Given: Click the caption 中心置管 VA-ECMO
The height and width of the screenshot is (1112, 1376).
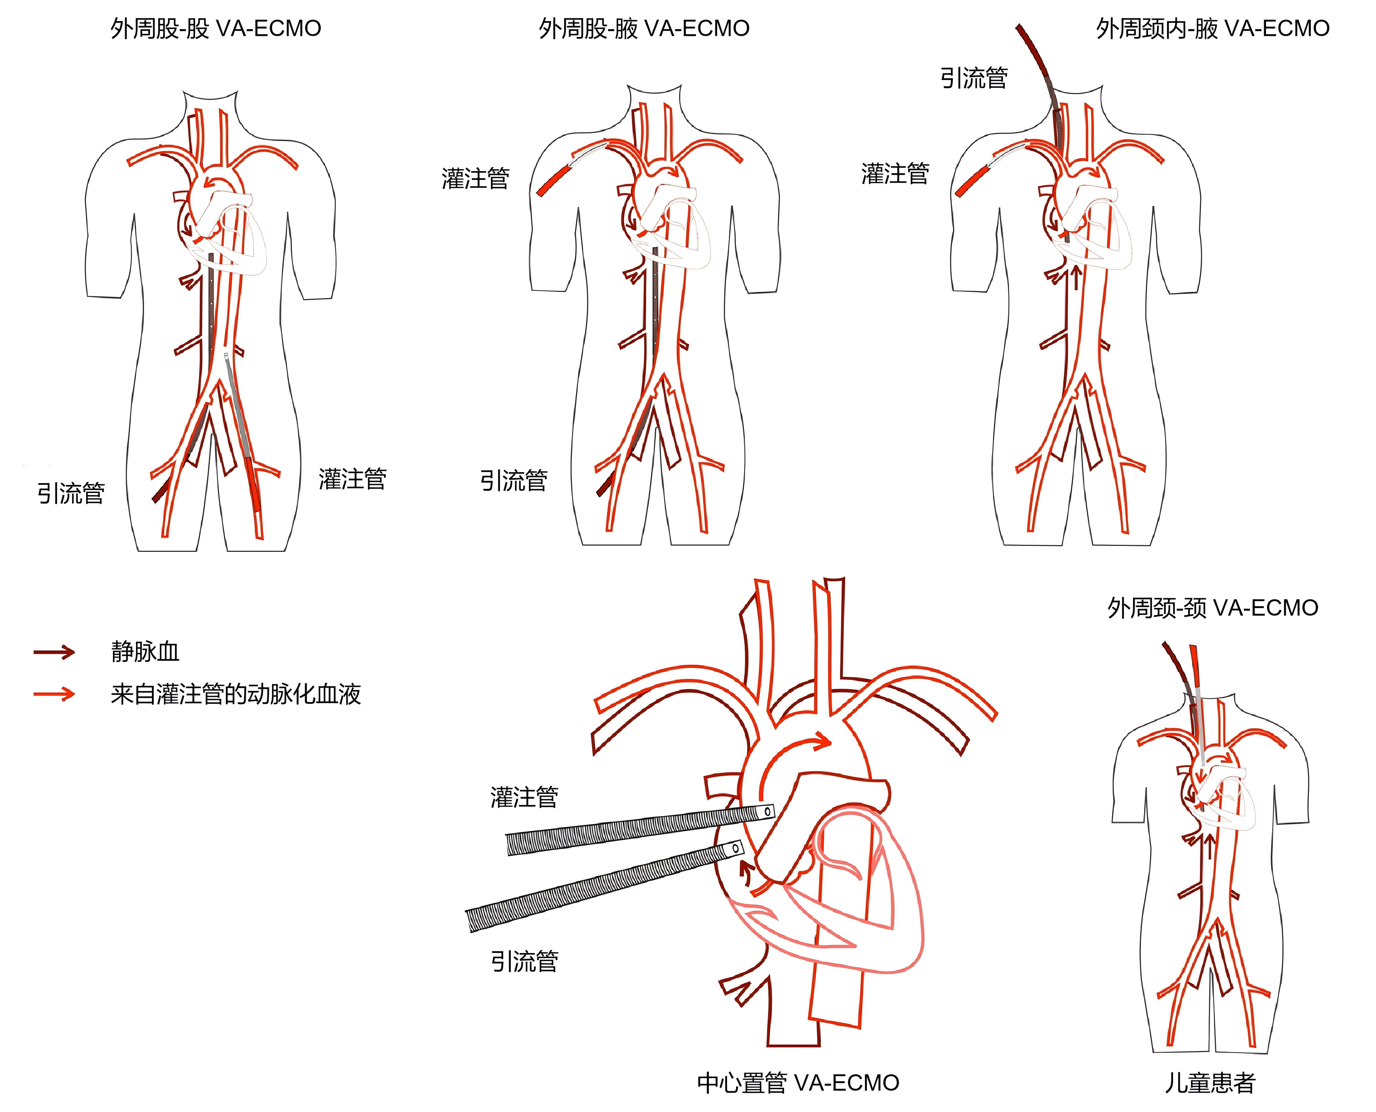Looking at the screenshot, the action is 798,1082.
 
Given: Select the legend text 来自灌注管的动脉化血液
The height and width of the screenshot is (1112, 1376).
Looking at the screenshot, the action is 236,694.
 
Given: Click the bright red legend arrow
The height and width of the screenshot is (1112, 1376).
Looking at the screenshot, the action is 54,694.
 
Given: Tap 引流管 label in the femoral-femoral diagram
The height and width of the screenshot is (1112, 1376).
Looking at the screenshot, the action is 71,493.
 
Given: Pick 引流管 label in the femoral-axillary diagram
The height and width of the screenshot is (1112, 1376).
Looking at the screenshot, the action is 514,480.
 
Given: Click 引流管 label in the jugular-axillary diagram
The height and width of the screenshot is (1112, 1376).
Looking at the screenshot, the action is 974,78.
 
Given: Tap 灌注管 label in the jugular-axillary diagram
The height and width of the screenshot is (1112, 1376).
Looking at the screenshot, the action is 895,174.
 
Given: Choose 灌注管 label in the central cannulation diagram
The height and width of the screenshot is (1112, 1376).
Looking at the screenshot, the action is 524,797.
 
